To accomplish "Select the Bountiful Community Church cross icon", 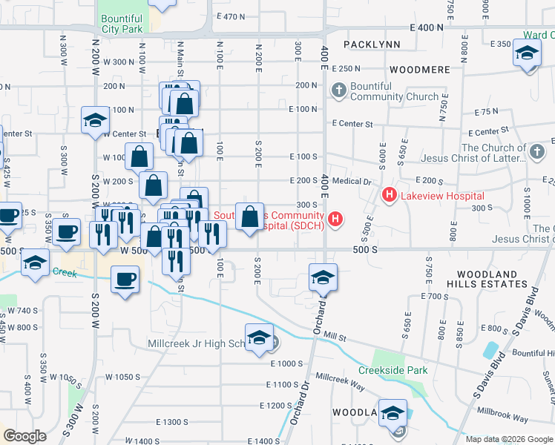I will coord(339,91).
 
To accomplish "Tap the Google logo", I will coord(24,436).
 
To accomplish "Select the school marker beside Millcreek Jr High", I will coord(259,338).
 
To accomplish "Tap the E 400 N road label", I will coord(421,27).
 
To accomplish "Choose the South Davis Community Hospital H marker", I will coord(336,219).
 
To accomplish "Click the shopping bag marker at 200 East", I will coord(251,217).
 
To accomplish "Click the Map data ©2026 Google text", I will coord(509,438).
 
